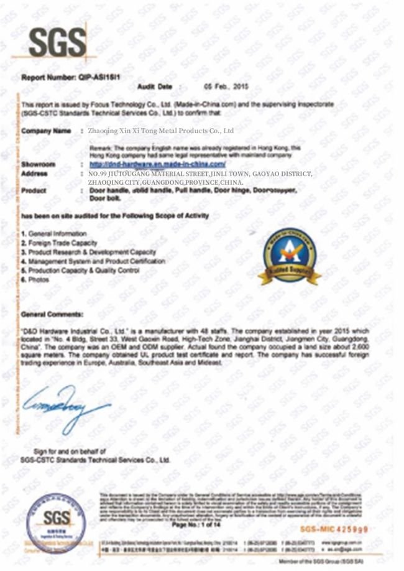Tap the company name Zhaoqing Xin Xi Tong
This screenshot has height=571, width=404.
coord(161,131)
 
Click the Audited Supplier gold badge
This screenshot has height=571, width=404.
coord(289,257)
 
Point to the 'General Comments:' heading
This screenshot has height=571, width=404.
coord(52,314)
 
